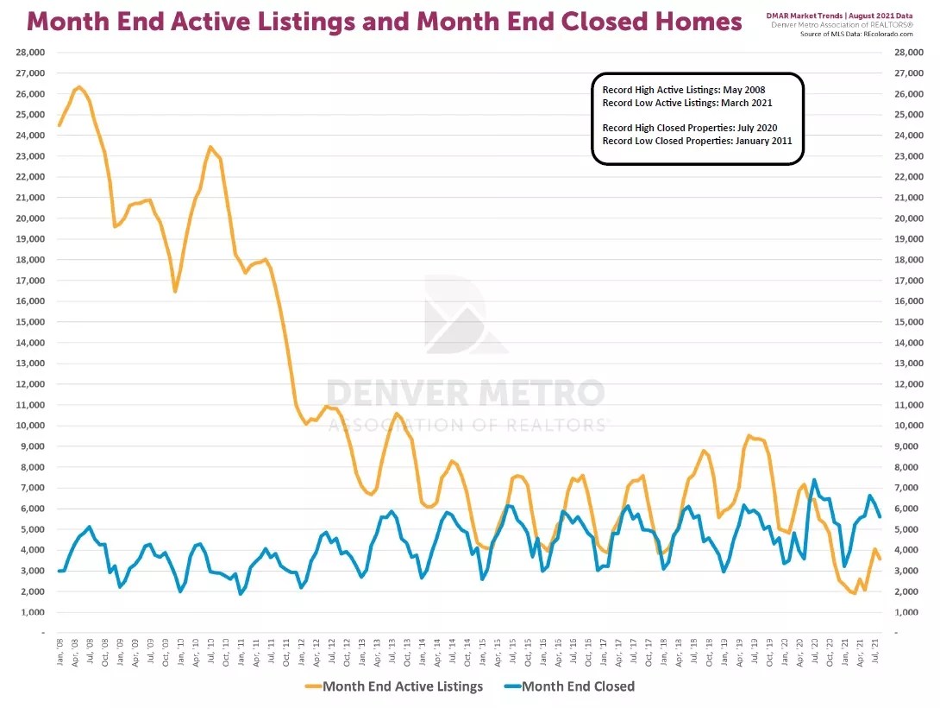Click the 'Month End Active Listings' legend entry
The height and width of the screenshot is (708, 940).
402,686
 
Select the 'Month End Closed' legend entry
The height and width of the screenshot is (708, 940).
578,686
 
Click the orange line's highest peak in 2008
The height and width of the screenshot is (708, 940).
79,86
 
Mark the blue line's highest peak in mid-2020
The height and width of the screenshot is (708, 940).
814,480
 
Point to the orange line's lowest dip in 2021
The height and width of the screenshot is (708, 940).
854,594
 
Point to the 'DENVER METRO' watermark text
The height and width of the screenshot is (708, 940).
466,393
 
